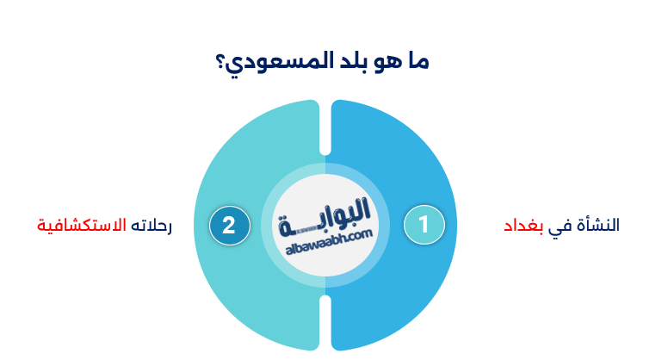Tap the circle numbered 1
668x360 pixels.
coord(424,225)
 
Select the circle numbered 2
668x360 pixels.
coord(229,225)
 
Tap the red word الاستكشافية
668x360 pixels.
coord(82,226)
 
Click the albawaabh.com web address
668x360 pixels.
coord(326,245)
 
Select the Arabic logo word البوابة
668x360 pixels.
coord(326,216)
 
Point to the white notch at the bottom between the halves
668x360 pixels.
coord(325,323)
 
